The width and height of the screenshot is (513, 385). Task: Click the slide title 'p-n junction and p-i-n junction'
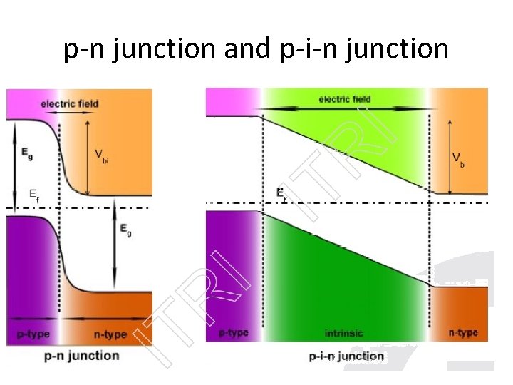point(256,48)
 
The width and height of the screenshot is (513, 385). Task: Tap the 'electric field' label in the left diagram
point(69,104)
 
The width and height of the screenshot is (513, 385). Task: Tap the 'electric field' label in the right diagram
point(346,99)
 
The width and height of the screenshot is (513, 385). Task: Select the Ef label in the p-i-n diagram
point(281,192)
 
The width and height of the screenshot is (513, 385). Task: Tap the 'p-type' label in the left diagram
point(31,334)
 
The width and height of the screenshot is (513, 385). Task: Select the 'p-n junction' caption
point(81,355)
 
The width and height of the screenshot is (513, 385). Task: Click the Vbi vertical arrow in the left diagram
point(86,157)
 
